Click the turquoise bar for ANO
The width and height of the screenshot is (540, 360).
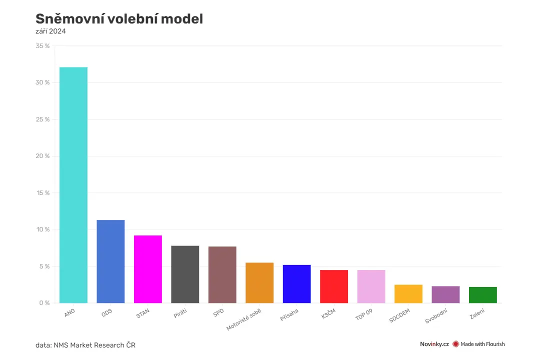tap(73, 185)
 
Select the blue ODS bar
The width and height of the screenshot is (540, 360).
tap(110, 261)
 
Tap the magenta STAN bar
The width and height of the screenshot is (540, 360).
tap(147, 269)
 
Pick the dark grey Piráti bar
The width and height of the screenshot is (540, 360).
tap(185, 274)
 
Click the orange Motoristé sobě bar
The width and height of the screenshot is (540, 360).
tap(259, 283)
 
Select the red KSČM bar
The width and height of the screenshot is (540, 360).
tap(333, 286)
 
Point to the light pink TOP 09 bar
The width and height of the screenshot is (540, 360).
tap(371, 286)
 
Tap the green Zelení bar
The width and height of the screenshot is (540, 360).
tap(483, 295)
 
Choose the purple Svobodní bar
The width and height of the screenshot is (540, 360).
tap(445, 294)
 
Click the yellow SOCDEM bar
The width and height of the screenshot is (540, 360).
tap(408, 294)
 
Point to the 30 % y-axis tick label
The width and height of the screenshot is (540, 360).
tap(42, 82)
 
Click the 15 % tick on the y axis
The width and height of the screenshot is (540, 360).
tap(43, 193)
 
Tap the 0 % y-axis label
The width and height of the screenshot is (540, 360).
tap(44, 303)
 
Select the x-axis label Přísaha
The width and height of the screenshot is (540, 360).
tap(289, 315)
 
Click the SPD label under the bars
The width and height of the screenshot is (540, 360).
tap(218, 312)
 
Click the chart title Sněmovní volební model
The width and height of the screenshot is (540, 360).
tap(119, 19)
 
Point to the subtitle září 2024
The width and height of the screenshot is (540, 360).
tap(50, 31)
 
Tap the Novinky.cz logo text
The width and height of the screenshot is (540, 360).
tap(434, 344)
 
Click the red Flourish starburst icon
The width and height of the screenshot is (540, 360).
tap(455, 344)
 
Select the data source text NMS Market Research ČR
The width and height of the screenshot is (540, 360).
tap(94, 345)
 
